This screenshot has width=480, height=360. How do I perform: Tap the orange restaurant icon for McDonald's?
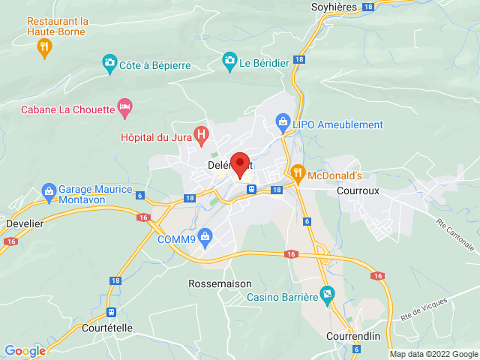point(298,172)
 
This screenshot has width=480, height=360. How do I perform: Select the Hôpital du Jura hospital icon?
point(200,134)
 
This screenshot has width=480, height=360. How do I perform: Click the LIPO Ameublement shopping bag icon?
point(283,120)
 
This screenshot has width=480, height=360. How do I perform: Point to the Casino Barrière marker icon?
point(326,292)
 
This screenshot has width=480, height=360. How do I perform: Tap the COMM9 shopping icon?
point(205,236)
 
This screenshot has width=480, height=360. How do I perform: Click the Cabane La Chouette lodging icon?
point(125,109)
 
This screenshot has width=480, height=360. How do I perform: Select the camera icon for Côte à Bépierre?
point(109,62)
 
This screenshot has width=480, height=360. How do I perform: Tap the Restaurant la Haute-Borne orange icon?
point(45,47)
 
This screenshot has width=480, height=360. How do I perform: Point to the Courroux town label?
point(358,190)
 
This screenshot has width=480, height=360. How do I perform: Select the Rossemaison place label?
point(214,284)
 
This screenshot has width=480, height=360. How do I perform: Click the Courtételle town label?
point(112,326)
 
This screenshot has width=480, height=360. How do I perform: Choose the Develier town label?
point(24,223)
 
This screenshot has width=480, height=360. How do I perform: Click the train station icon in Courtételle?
point(112,312)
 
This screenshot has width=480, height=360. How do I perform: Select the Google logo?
point(25,350)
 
